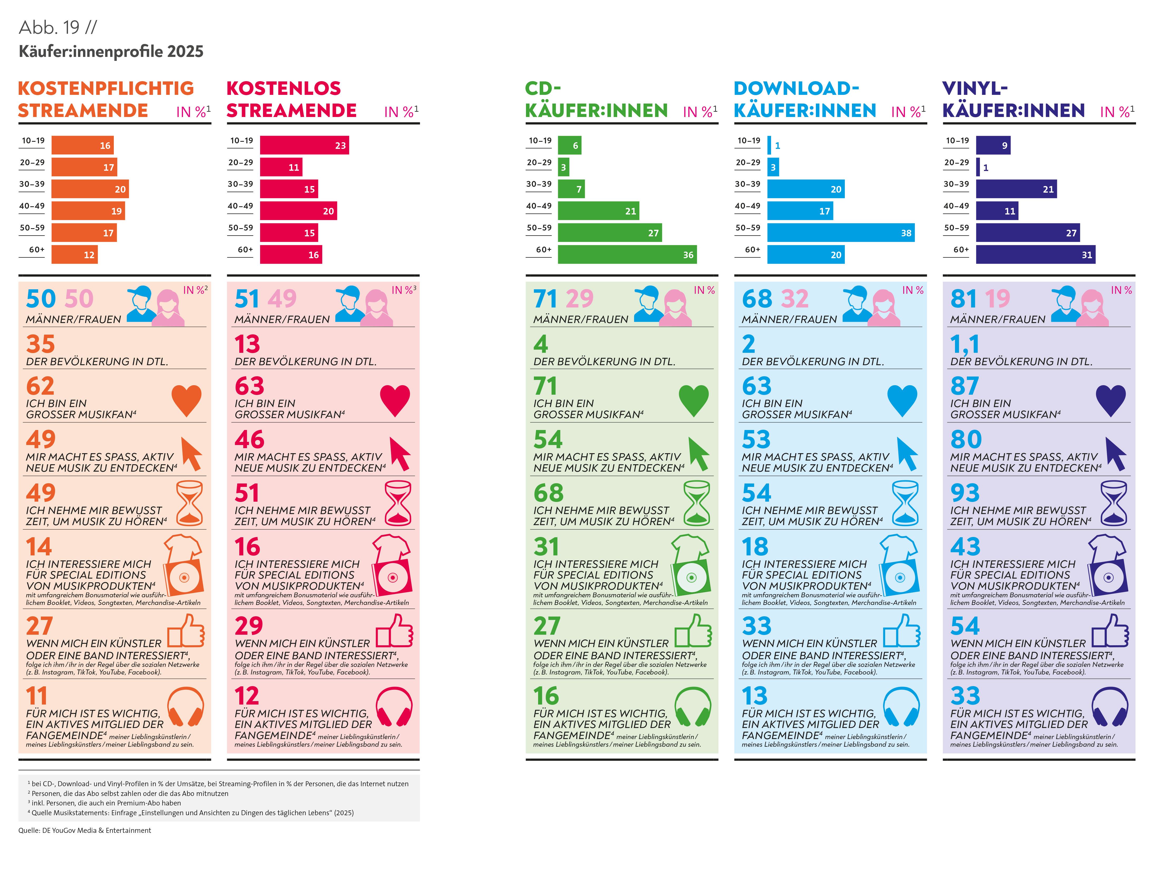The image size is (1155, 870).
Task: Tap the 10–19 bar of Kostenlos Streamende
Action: click(304, 145)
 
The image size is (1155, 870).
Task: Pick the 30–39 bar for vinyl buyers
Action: click(1016, 189)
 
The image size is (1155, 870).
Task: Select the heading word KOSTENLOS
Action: click(284, 88)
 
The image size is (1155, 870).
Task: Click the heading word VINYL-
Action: click(974, 88)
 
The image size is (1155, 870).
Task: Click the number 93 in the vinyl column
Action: click(965, 492)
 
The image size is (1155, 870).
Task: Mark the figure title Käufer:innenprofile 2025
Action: click(111, 51)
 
